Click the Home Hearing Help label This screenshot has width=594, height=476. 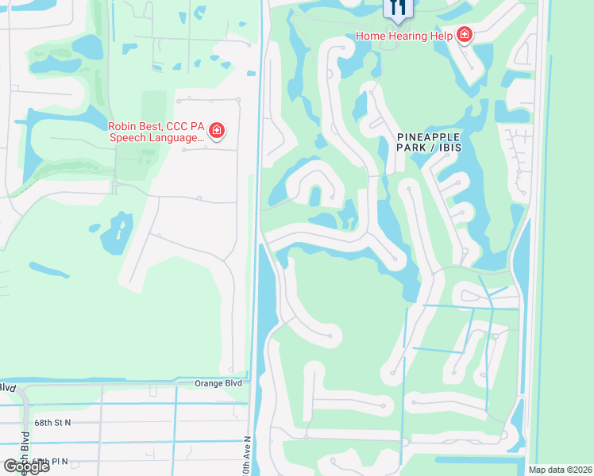click(403, 36)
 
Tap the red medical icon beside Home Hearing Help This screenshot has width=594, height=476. click(464, 36)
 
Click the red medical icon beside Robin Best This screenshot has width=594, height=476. click(215, 131)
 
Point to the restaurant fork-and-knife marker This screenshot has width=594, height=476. click(398, 8)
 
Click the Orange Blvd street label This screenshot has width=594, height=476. click(217, 382)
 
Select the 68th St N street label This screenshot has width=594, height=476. click(52, 423)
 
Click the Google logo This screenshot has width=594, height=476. click(25, 466)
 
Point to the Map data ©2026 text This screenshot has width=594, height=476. click(560, 470)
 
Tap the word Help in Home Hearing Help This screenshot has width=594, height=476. click(441, 36)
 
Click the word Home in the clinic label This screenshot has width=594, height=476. click(370, 36)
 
